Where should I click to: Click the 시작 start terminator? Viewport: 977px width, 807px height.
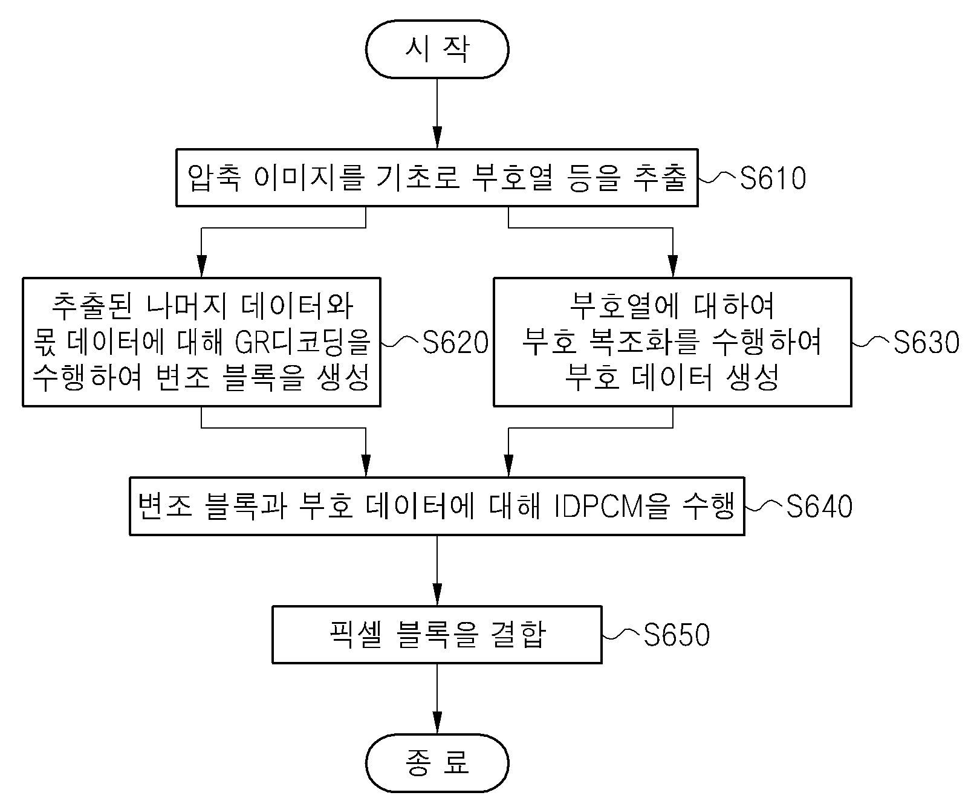(x=437, y=49)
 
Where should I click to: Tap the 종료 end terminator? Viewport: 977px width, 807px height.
(x=437, y=763)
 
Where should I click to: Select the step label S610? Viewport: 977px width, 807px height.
(x=773, y=178)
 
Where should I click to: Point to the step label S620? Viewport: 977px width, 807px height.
(x=455, y=342)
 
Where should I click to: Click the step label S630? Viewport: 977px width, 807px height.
(x=926, y=342)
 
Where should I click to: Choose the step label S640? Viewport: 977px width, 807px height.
(x=819, y=506)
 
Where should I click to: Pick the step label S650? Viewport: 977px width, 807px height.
(x=677, y=635)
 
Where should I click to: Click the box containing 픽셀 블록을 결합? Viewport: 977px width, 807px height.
(x=437, y=635)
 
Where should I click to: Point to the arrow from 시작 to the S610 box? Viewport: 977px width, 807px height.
(x=437, y=113)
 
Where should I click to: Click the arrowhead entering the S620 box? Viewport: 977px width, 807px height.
(x=201, y=267)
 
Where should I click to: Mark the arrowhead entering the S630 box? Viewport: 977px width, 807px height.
(x=673, y=267)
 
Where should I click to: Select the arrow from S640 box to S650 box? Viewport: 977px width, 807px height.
(x=437, y=571)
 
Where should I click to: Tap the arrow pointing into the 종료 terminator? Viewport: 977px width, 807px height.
(x=437, y=699)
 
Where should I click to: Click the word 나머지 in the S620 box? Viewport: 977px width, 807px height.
(x=187, y=306)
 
